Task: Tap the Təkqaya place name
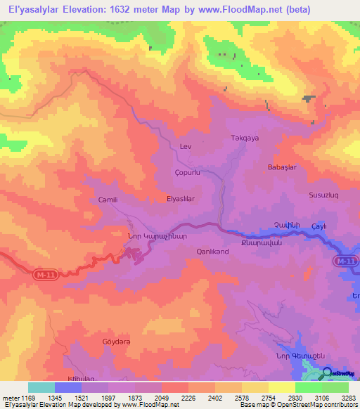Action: [x=245, y=138]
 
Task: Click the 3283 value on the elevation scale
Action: [x=348, y=397]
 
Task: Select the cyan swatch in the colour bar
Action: [x=41, y=387]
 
